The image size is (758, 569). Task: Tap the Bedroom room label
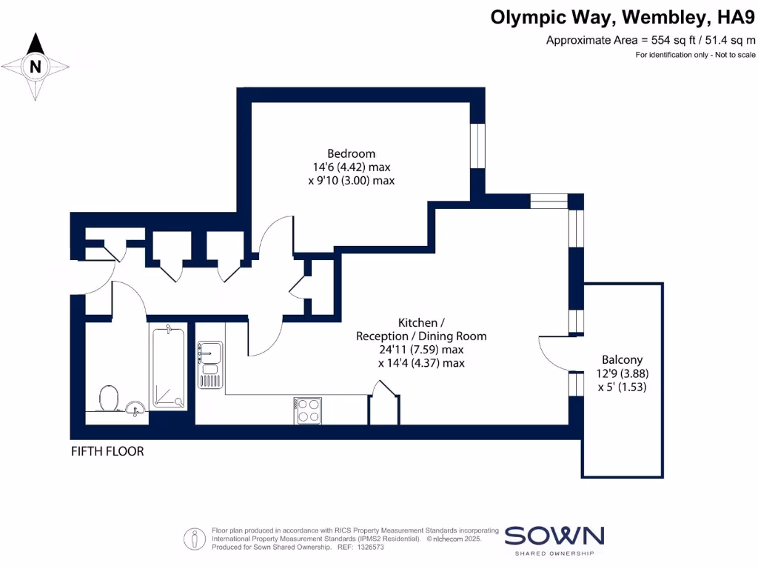pos(346,154)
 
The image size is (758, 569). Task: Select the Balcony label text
pos(622,359)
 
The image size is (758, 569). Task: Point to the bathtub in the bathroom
pos(168,367)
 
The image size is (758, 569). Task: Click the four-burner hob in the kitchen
pos(308,410)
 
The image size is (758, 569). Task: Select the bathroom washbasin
pos(134,407)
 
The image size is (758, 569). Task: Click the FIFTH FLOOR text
pos(107,451)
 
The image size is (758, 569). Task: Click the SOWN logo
pos(554,536)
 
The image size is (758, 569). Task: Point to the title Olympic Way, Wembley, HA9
pos(623,17)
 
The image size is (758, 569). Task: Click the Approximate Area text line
pos(651,40)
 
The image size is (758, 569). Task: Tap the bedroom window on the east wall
pos(477,145)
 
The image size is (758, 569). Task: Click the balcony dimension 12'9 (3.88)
pos(622,373)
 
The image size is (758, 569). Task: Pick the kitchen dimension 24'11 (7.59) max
pos(421,349)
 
